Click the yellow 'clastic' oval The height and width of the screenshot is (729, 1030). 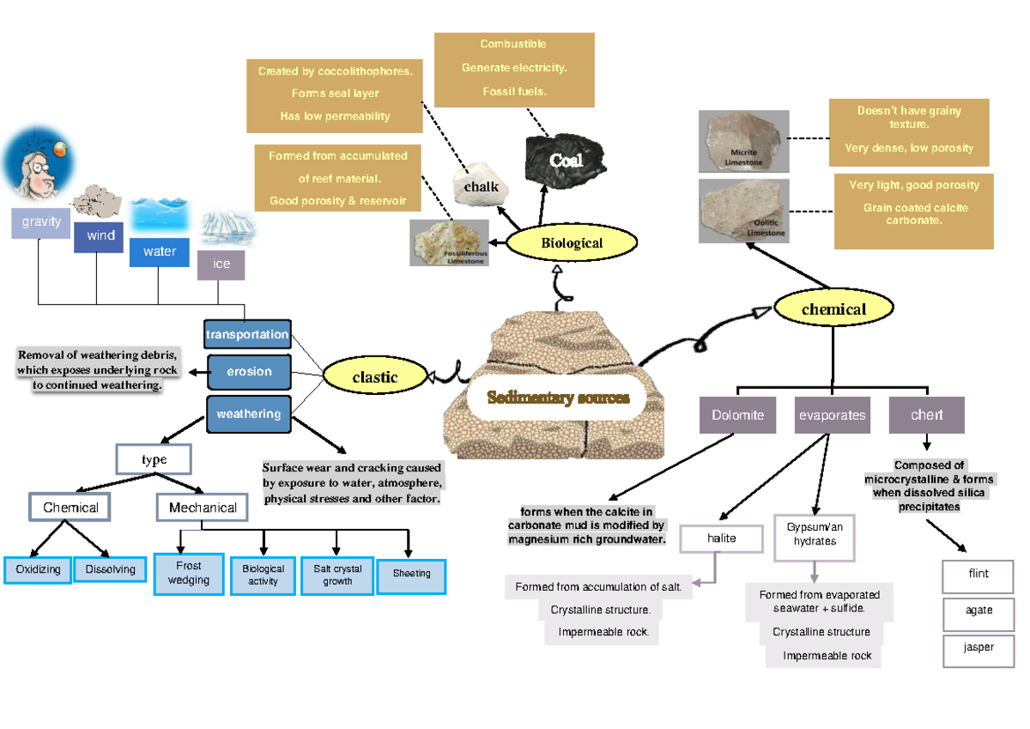coord(374,376)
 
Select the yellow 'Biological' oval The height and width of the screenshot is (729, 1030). coord(572,243)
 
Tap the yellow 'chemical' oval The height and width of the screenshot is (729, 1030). coord(833,309)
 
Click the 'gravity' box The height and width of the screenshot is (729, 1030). coord(41,222)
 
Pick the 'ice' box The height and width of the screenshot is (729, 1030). coord(221,264)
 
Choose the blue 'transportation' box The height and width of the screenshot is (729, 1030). coord(248,334)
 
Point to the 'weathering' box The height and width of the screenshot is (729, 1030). coord(248,414)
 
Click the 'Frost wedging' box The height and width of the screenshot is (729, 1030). coord(188,574)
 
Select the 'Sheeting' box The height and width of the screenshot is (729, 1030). coord(411,574)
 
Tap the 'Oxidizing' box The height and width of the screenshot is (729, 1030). coord(38,569)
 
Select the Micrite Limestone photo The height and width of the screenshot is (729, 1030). coord(743,141)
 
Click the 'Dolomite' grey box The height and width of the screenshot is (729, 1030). coord(737,416)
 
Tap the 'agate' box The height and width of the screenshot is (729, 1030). coord(978,611)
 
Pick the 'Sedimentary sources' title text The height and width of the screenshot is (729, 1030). coord(558,398)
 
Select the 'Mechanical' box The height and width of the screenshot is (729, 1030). coord(203,507)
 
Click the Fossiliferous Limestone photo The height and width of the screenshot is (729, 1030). coord(449,243)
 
